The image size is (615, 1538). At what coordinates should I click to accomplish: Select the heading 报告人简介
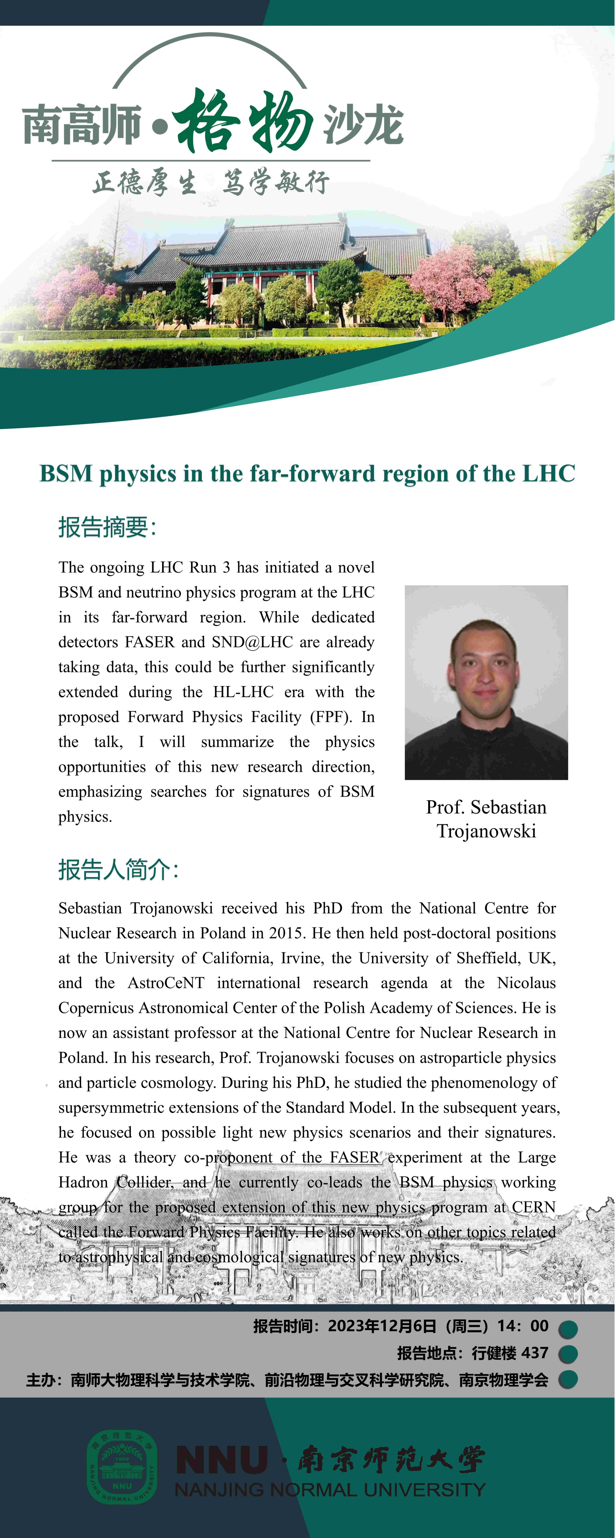click(118, 869)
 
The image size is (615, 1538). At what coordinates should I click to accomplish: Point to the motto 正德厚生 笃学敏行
click(210, 182)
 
